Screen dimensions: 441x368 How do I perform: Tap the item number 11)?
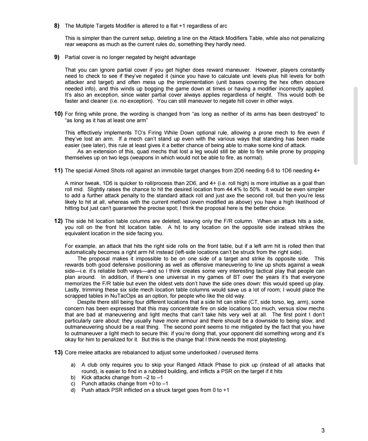pyautogui.click(x=58, y=170)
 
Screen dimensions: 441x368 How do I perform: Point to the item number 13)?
pyautogui.click(x=58, y=352)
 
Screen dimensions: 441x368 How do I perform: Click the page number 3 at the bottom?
pyautogui.click(x=323, y=430)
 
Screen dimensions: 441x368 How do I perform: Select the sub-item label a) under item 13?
pyautogui.click(x=73, y=365)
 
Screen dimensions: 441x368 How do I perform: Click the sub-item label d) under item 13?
pyautogui.click(x=73, y=390)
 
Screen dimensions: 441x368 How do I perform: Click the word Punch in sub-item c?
pyautogui.click(x=89, y=384)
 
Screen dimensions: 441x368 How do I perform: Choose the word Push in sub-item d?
pyautogui.click(x=87, y=390)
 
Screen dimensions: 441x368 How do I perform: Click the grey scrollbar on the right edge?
pyautogui.click(x=356, y=126)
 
